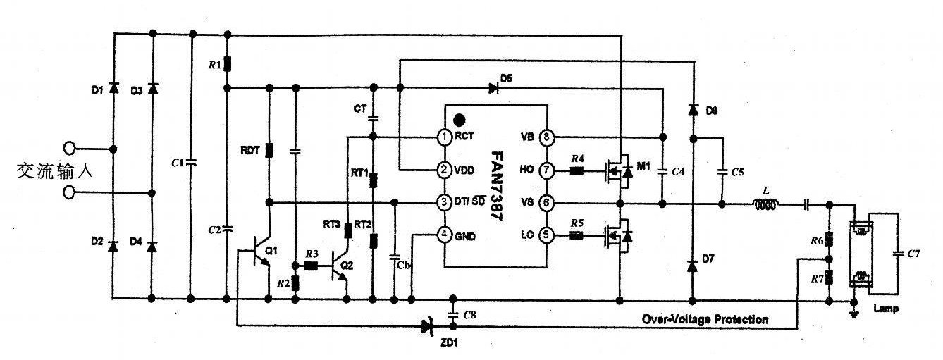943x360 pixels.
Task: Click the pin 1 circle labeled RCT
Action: pyautogui.click(x=444, y=137)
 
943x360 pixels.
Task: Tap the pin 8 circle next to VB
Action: pyautogui.click(x=547, y=137)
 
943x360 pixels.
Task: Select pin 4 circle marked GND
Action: pyautogui.click(x=444, y=234)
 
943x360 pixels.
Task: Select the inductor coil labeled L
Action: pyautogui.click(x=765, y=205)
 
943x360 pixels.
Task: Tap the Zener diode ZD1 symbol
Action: pyautogui.click(x=426, y=325)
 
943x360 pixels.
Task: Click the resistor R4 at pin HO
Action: pyautogui.click(x=577, y=170)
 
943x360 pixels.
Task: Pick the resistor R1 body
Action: pyautogui.click(x=226, y=65)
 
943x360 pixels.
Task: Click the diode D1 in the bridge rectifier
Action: pyautogui.click(x=113, y=89)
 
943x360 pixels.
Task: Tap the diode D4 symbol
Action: pyautogui.click(x=152, y=244)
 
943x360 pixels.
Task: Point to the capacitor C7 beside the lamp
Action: pyautogui.click(x=897, y=254)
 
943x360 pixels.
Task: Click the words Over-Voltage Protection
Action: pyautogui.click(x=705, y=319)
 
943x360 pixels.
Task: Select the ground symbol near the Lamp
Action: pyautogui.click(x=853, y=306)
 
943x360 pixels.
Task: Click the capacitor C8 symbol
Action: pyautogui.click(x=453, y=312)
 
